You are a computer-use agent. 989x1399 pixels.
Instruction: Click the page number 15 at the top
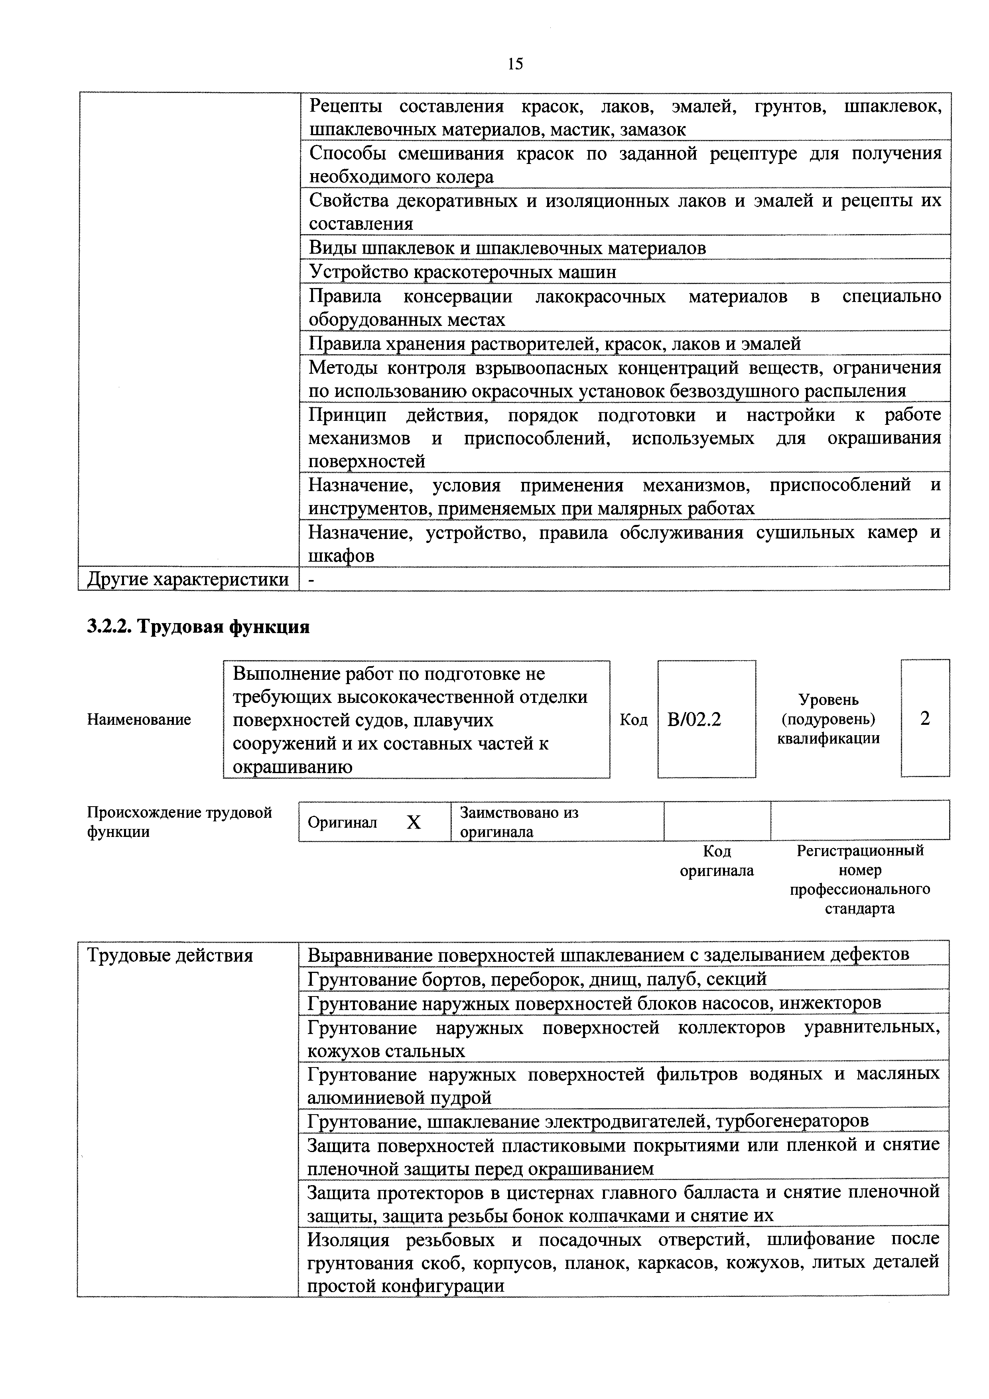click(x=514, y=64)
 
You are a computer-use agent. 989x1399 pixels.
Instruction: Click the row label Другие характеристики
click(x=187, y=579)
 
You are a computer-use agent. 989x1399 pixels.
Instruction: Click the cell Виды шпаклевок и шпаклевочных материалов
click(x=507, y=248)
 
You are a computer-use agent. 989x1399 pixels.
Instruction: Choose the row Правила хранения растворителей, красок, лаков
click(x=554, y=343)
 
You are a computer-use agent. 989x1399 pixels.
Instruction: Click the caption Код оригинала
click(x=716, y=860)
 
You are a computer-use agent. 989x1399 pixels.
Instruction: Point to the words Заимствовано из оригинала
click(x=519, y=822)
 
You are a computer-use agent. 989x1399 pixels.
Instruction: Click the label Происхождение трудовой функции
click(x=179, y=822)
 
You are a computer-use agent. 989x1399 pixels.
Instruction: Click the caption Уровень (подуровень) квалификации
click(x=828, y=719)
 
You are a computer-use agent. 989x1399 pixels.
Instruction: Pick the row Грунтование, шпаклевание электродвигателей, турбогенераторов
click(x=588, y=1121)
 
